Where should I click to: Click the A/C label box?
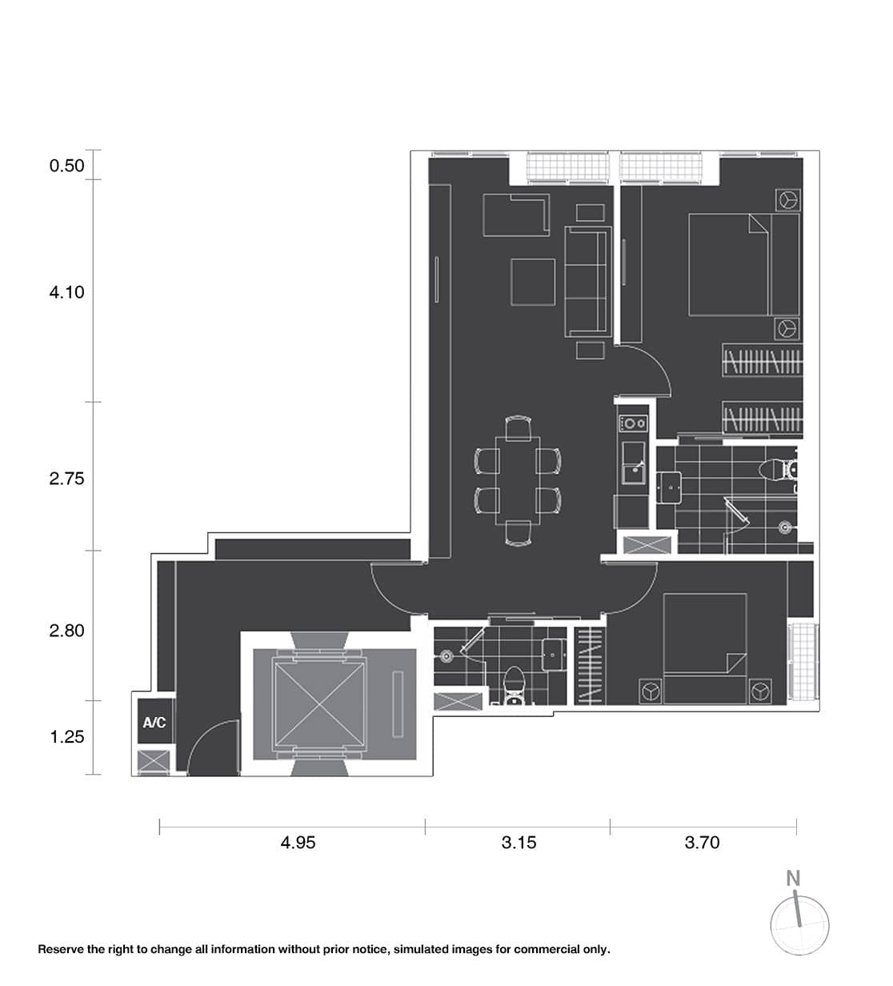point(154,723)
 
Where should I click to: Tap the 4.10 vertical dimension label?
point(66,292)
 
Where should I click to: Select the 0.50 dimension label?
point(66,166)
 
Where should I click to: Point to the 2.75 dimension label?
point(66,479)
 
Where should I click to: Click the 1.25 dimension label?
point(66,737)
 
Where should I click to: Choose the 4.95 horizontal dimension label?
point(298,842)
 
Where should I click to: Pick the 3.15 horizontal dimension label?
point(519,842)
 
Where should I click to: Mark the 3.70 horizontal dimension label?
point(702,842)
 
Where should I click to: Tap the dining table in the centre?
point(518,480)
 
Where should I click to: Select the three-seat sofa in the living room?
point(587,281)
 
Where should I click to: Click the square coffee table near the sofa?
point(533,281)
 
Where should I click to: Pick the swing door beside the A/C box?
point(213,748)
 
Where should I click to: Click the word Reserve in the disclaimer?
point(61,949)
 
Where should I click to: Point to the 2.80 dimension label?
point(66,631)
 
